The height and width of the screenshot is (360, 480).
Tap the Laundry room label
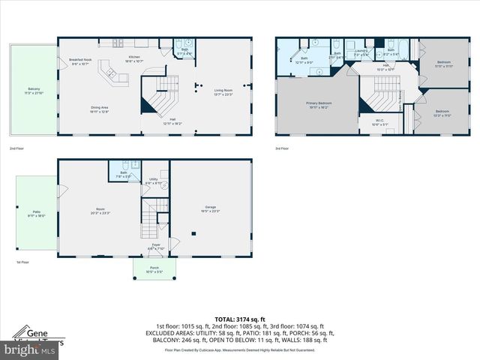coord(361,52)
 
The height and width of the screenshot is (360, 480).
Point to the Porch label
coord(154,269)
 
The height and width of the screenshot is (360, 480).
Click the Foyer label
coord(155,246)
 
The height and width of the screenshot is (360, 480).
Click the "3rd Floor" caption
coord(282,148)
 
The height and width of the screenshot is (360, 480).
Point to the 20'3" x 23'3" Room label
coord(100,211)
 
